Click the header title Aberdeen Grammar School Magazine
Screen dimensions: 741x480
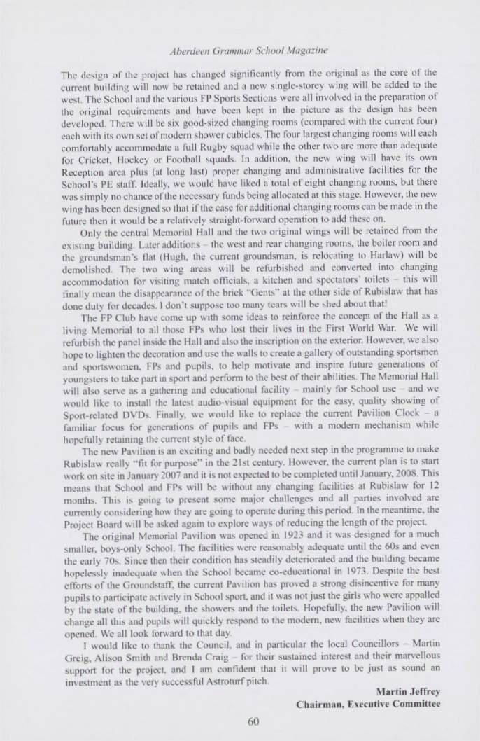click(240, 50)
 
